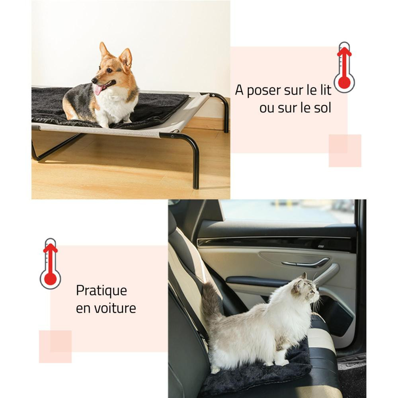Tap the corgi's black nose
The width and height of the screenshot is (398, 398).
pyautogui.click(x=94, y=80)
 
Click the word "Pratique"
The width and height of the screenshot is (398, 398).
pyautogui.click(x=101, y=291)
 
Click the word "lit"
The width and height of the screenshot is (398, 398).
pyautogui.click(x=326, y=90)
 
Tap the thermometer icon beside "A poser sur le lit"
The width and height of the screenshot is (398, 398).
pyautogui.click(x=344, y=68)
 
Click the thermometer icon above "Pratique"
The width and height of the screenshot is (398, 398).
pyautogui.click(x=50, y=264)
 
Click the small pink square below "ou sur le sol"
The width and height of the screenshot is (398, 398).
pyautogui.click(x=345, y=151)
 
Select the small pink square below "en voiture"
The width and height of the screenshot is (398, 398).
pyautogui.click(x=55, y=347)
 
